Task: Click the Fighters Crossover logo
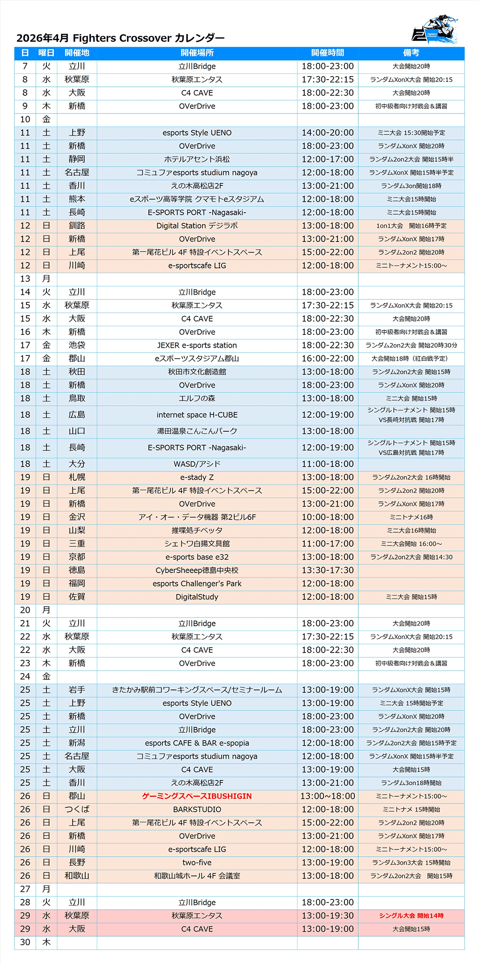[x=435, y=30]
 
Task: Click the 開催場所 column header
[x=197, y=53]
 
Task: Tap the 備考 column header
[x=411, y=53]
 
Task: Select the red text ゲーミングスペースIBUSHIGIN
[x=197, y=796]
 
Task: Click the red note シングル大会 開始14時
[x=411, y=916]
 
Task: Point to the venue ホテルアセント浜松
[x=197, y=159]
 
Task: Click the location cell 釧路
[x=77, y=226]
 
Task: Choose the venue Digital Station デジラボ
[x=197, y=226]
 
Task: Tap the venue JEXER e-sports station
[x=197, y=345]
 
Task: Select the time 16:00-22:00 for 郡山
[x=328, y=358]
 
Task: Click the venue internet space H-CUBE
[x=197, y=415]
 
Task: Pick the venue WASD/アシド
[x=197, y=464]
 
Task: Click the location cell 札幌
[x=77, y=477]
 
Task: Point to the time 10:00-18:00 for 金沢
[x=328, y=517]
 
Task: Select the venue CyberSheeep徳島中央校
[x=197, y=570]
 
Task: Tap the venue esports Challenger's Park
[x=197, y=584]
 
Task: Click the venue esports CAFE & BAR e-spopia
[x=197, y=743]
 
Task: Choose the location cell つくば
[x=77, y=809]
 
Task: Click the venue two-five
[x=197, y=862]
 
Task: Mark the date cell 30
[x=25, y=942]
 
